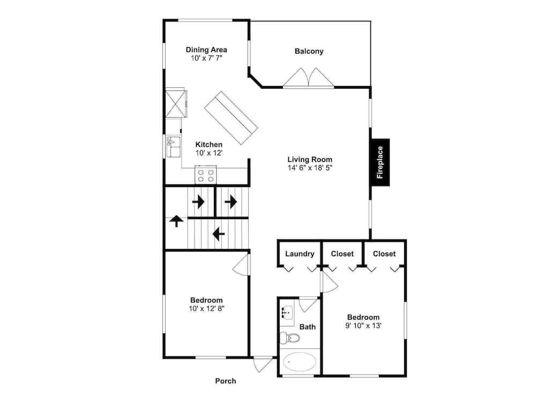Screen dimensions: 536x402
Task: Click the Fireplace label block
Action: click(x=380, y=162)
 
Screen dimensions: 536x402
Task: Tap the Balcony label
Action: click(x=309, y=51)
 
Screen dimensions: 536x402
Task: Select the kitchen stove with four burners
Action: click(x=206, y=175)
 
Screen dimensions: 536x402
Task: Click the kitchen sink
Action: click(x=173, y=147)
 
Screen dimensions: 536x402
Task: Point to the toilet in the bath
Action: click(x=289, y=338)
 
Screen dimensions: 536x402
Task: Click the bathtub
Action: click(x=300, y=362)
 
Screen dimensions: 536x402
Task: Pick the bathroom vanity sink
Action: click(x=287, y=312)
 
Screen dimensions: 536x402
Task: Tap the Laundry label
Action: click(x=300, y=254)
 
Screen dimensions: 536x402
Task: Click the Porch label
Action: click(x=226, y=381)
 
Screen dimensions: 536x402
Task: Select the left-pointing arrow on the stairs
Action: click(x=219, y=235)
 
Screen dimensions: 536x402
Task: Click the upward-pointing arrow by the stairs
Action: click(x=176, y=221)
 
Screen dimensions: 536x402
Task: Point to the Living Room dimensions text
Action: click(x=310, y=168)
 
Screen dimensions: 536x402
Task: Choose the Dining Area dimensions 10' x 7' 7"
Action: click(x=206, y=58)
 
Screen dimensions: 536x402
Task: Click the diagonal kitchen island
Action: click(x=230, y=118)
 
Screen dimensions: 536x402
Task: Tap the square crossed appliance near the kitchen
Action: click(x=176, y=103)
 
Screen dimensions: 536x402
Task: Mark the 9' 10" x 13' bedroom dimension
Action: click(x=363, y=326)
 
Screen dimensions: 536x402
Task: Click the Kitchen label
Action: click(x=209, y=145)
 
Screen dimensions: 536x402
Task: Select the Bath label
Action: click(x=307, y=327)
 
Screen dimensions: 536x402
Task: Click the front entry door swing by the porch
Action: click(x=263, y=364)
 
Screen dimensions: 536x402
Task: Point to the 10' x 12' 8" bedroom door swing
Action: click(x=241, y=264)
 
